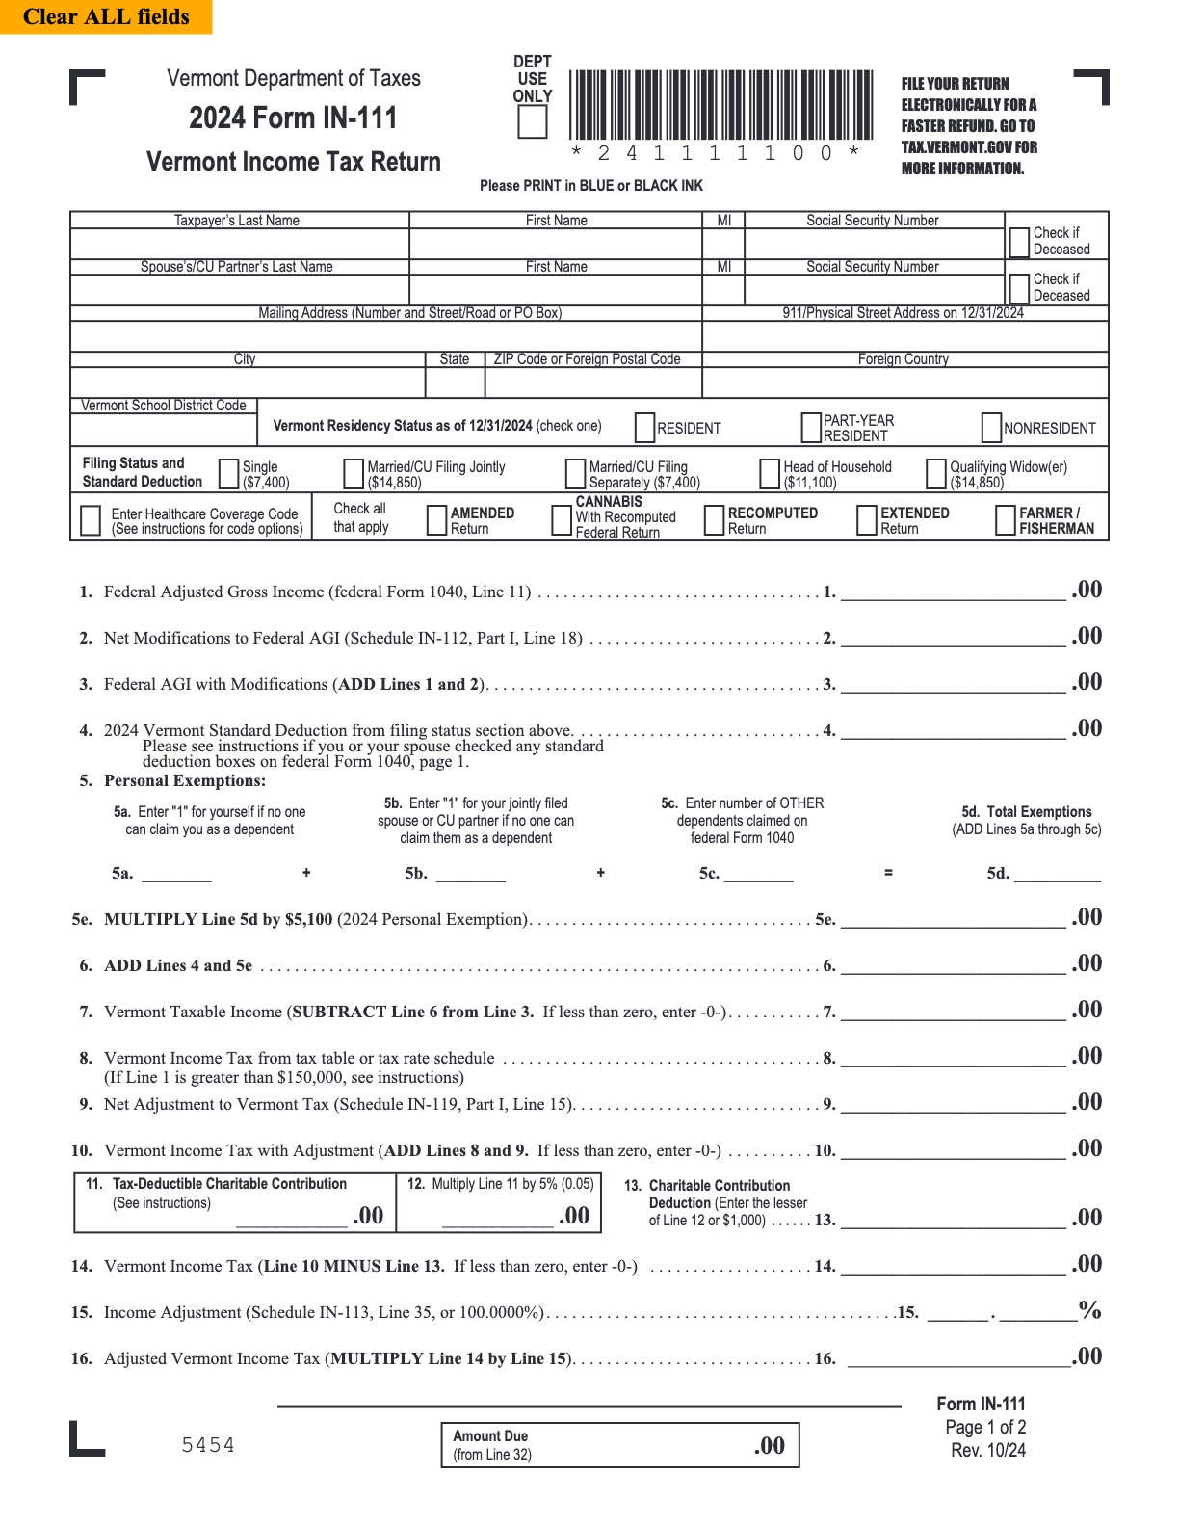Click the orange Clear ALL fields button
click(x=106, y=16)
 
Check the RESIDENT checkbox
click(x=645, y=428)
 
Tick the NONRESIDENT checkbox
click(x=991, y=428)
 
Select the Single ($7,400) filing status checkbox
click(x=229, y=474)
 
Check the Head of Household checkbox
click(x=770, y=474)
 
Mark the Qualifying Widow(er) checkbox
click(x=935, y=474)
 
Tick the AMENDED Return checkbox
click(x=436, y=520)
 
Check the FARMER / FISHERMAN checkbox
click(x=1005, y=520)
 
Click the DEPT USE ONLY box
click(x=533, y=122)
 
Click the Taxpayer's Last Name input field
click(x=239, y=244)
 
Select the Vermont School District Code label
click(x=164, y=406)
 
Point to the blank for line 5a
click(x=176, y=873)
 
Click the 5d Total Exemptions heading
click(x=1027, y=812)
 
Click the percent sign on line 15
click(x=1089, y=1310)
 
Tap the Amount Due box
click(x=619, y=1445)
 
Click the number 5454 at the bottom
click(x=208, y=1445)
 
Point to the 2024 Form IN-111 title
click(x=293, y=118)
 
